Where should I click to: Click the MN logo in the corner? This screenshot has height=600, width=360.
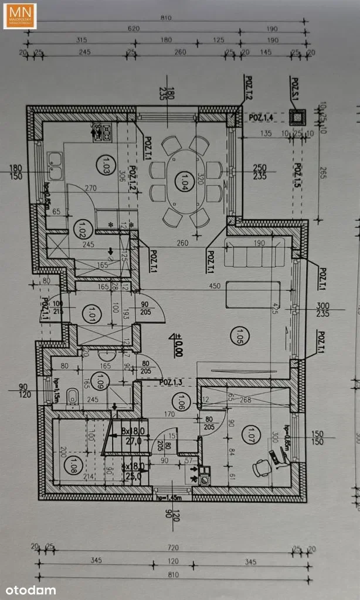(19, 16)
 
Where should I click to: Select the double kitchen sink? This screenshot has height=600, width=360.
(55, 165)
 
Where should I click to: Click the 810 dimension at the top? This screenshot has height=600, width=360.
(165, 18)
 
